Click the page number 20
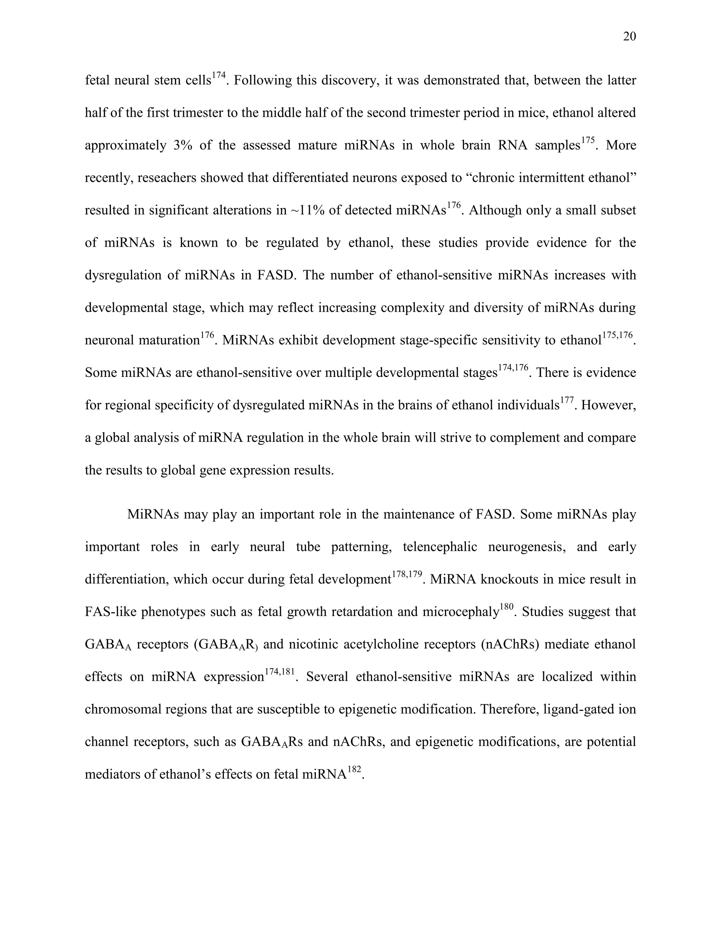click(629, 37)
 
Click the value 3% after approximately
click(183, 146)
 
